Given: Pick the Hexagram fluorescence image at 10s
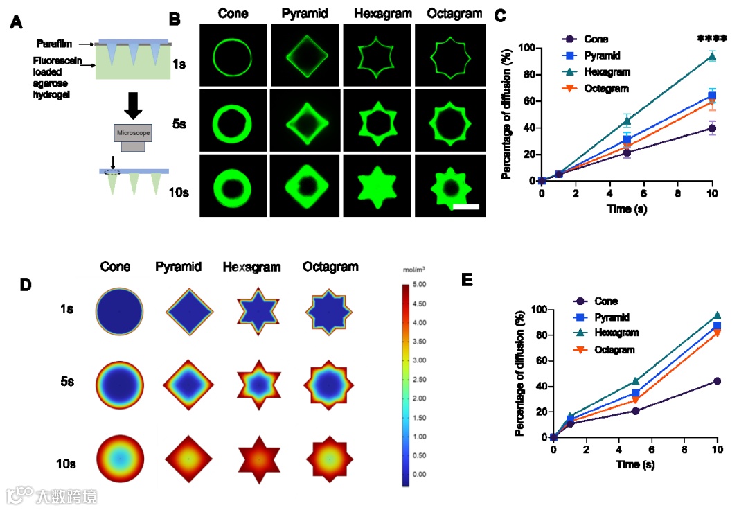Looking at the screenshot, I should [x=377, y=185].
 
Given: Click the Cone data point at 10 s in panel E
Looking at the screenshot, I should [x=717, y=381].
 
